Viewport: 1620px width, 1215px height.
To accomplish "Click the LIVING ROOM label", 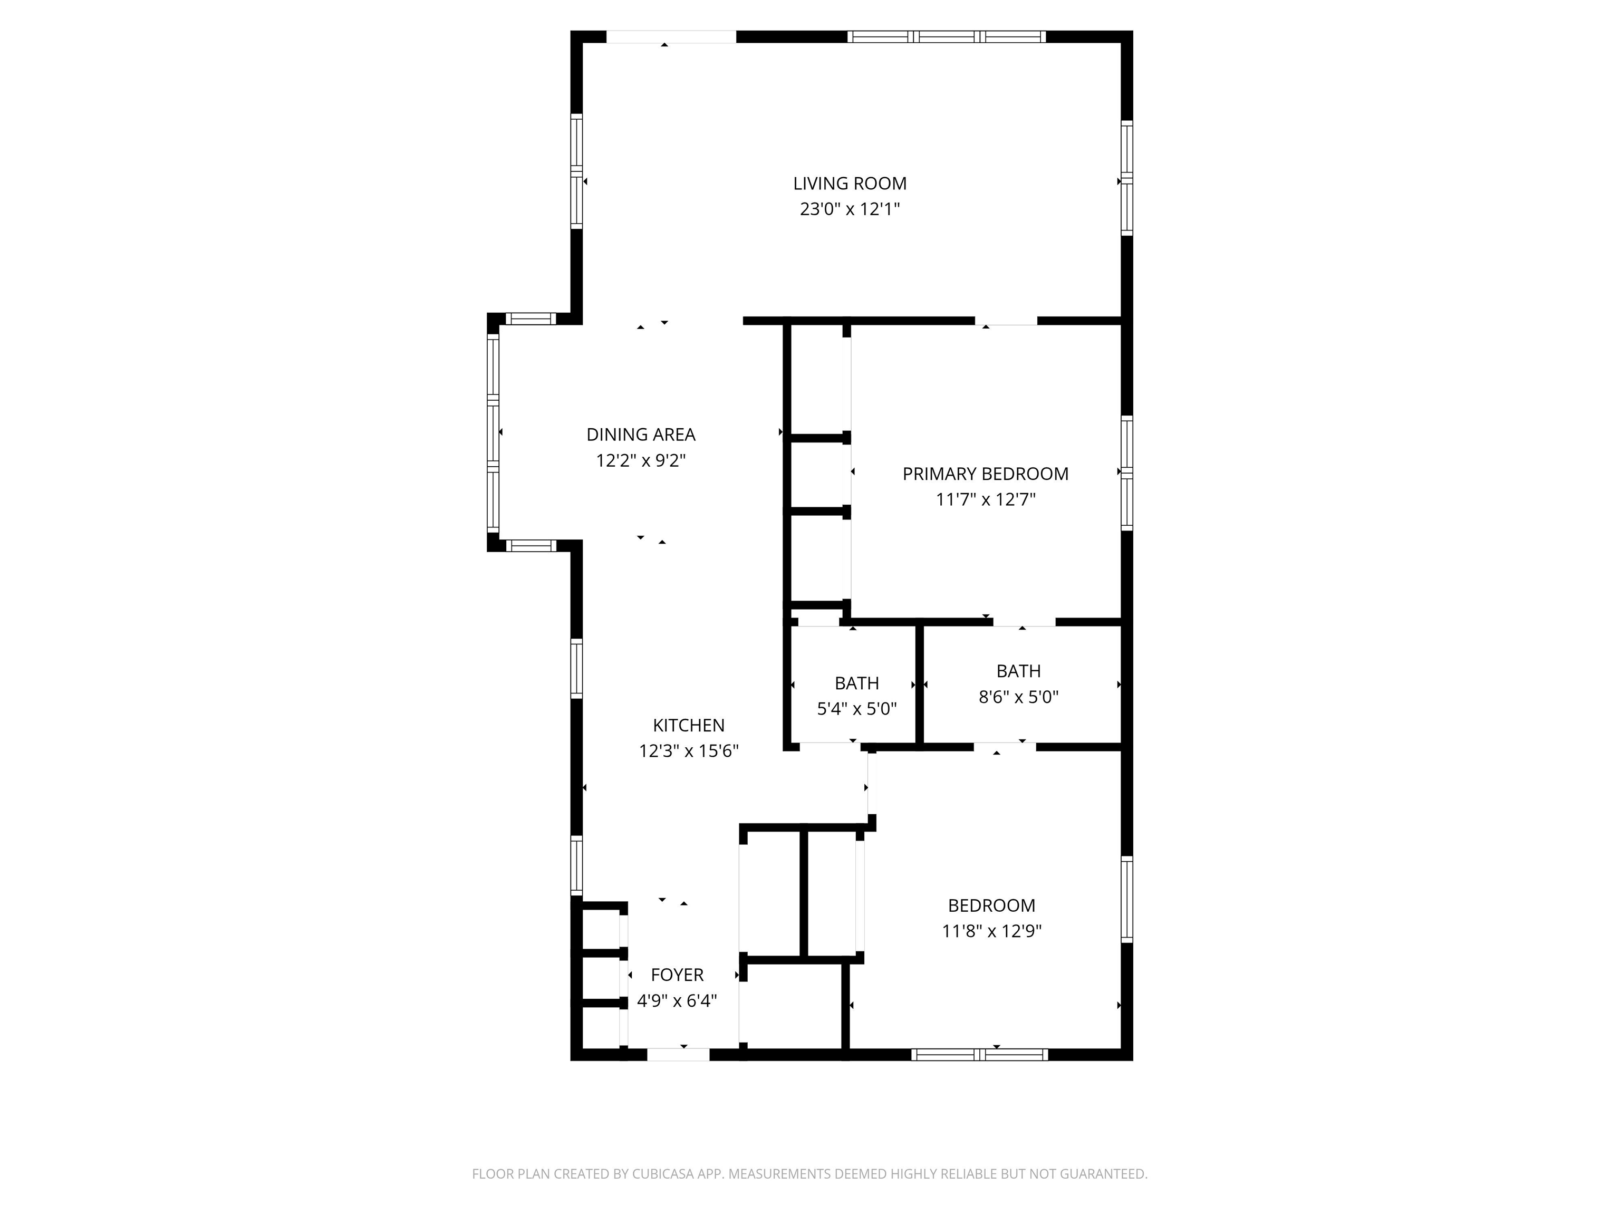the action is click(850, 184).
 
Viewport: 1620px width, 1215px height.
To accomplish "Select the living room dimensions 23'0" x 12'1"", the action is click(850, 209).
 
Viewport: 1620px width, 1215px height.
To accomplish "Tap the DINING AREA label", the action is click(641, 435).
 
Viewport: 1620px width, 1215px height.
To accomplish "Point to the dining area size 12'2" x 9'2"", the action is click(641, 461).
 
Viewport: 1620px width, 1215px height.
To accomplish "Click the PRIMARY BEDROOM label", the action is click(985, 474).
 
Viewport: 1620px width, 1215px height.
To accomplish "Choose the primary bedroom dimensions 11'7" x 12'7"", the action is click(985, 499).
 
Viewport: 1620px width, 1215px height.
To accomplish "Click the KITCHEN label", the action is click(688, 726).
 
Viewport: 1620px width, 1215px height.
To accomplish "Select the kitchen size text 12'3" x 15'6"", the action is click(688, 751).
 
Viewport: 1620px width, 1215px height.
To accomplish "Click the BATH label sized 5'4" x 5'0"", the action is click(857, 683).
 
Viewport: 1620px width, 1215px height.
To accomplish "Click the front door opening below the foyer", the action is click(678, 1055).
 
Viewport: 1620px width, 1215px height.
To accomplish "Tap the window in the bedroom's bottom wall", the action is click(979, 1055).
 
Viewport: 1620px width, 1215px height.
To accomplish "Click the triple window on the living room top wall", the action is click(946, 36).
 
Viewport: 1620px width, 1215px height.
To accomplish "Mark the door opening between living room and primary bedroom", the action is click(1006, 321).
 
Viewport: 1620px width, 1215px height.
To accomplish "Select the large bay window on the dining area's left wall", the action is click(493, 432).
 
